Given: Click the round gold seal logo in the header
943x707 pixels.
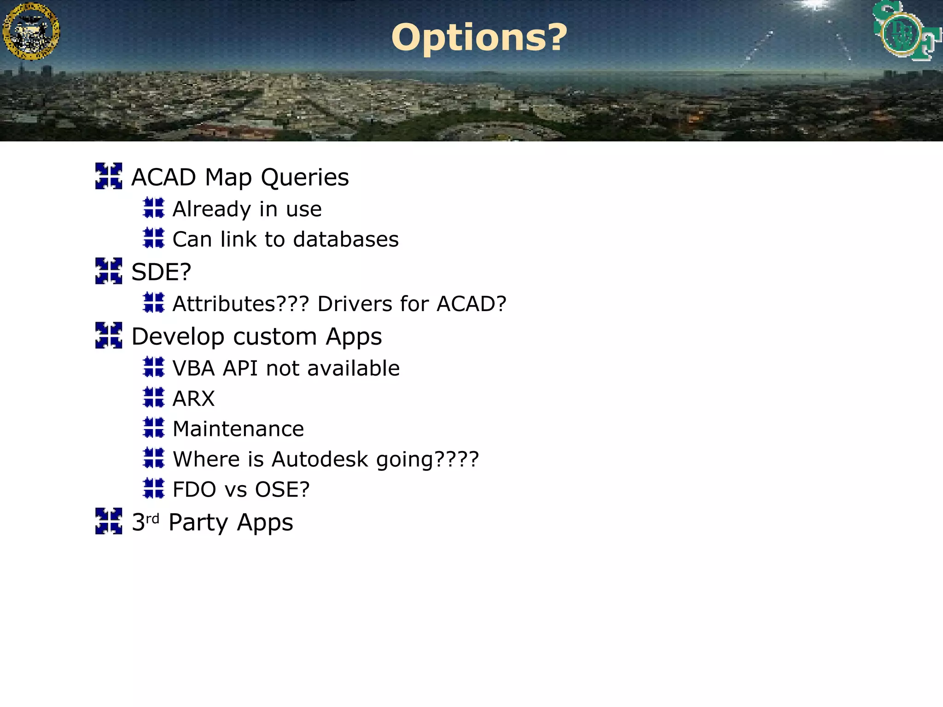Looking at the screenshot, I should coord(31,31).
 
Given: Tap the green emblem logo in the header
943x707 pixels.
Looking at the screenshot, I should coord(905,31).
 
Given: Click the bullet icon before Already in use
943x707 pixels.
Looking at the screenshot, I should coord(153,208).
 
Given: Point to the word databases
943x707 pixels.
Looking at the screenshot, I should coord(346,239).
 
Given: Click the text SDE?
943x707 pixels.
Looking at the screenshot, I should coord(161,272).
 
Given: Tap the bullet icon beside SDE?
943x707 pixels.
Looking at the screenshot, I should coord(109,271).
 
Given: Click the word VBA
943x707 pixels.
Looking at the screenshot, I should coord(193,368).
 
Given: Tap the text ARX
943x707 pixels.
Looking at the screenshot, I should coord(193,399).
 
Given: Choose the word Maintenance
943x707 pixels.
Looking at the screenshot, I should coord(238,429).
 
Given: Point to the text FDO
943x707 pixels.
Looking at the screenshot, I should coord(194,489).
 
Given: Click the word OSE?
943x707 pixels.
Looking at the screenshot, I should coord(282,489).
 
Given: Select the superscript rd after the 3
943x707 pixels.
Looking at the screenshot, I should coord(152,519).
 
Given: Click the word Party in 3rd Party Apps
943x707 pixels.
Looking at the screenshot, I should coord(198,523).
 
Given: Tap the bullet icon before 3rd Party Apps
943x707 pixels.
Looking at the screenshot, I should coord(109,521).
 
